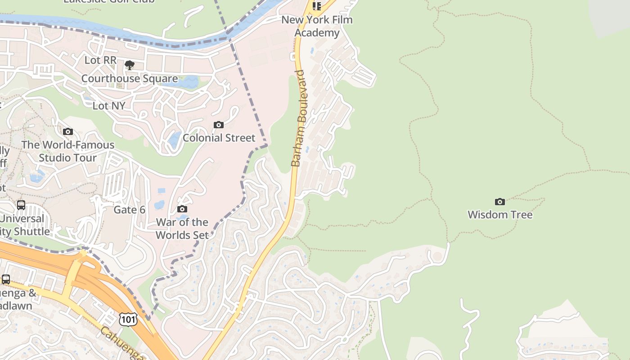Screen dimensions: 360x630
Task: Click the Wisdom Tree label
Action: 500,215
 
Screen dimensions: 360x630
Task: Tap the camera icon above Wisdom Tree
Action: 499,202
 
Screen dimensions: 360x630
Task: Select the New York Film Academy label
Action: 317,26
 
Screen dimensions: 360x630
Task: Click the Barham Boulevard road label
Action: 298,118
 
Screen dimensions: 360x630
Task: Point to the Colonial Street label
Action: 219,138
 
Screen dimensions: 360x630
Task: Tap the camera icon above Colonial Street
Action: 219,125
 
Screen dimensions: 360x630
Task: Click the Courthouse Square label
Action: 129,79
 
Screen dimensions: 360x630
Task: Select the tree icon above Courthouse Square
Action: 129,65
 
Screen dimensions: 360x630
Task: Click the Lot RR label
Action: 100,60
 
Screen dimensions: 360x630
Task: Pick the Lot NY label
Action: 108,106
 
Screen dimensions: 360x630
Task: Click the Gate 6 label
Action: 129,210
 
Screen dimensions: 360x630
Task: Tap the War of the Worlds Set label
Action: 182,229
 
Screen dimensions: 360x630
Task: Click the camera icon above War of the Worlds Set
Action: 182,209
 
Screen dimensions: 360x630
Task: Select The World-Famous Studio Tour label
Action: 67,151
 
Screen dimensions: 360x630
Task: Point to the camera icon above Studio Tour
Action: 68,131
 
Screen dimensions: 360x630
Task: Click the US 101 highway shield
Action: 128,319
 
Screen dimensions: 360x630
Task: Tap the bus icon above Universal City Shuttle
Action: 21,205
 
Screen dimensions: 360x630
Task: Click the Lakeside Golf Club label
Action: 109,1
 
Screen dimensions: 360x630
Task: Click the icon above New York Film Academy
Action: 316,5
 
